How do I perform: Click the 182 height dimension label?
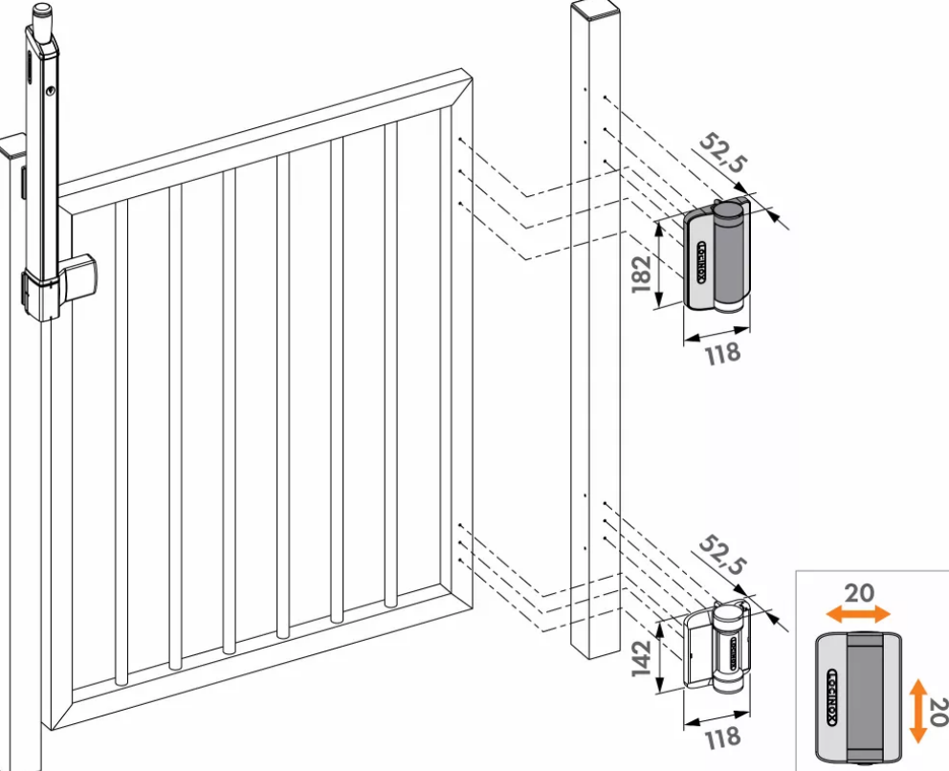(x=642, y=275)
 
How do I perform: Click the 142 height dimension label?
(x=642, y=658)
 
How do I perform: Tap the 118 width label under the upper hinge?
(x=723, y=353)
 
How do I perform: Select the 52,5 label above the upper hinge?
(x=723, y=153)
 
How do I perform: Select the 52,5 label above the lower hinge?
(x=722, y=556)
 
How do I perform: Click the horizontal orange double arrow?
(x=858, y=615)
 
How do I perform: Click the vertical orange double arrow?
(x=918, y=711)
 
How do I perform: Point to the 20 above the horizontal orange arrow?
(x=859, y=593)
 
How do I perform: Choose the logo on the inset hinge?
(x=832, y=697)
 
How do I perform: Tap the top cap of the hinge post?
(x=594, y=8)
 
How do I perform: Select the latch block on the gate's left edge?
(x=77, y=275)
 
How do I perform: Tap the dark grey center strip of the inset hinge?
(x=866, y=697)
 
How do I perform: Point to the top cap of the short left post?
(x=12, y=146)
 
